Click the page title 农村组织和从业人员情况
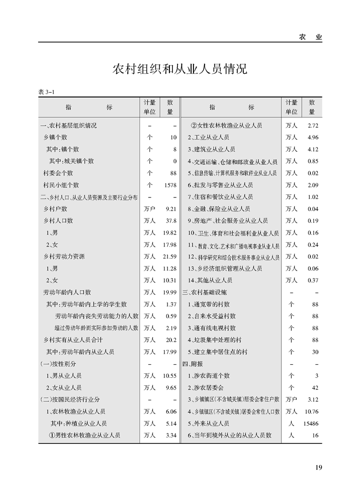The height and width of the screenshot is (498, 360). click(x=180, y=69)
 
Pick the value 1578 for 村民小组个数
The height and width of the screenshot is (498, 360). click(x=170, y=185)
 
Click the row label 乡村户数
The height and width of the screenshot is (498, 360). click(x=55, y=208)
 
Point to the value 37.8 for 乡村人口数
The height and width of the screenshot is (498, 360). click(x=171, y=220)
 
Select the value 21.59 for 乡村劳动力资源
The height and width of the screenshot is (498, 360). click(x=169, y=257)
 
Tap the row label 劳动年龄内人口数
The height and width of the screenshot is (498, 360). click(x=67, y=292)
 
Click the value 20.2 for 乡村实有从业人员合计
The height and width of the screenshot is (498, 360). click(x=171, y=340)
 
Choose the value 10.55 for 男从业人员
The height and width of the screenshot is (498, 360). click(x=169, y=375)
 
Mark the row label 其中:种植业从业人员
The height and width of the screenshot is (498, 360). click(x=78, y=423)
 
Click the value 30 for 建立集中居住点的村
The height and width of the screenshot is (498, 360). click(x=315, y=352)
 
